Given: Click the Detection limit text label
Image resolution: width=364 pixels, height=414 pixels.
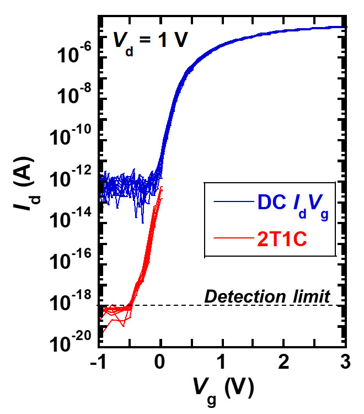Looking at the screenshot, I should [x=267, y=296].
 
